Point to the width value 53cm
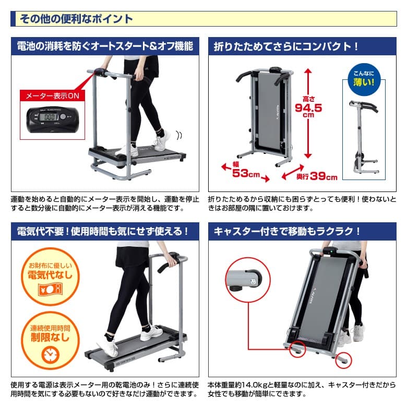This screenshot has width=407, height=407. point(246,173)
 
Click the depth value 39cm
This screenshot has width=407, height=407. point(324,176)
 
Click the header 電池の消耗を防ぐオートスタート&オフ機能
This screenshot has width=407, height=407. point(105,46)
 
